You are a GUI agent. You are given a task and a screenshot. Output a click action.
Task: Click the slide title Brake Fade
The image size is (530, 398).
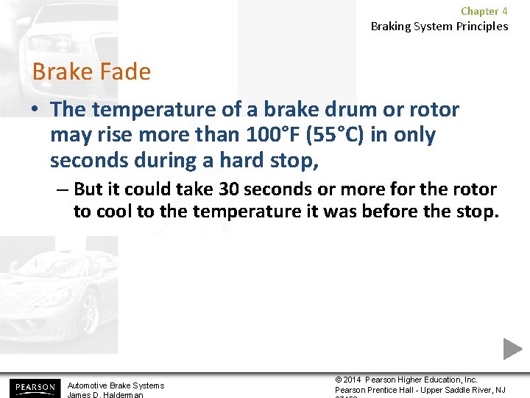click(91, 72)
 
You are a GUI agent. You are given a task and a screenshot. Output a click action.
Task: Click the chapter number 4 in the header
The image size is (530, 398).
click(504, 11)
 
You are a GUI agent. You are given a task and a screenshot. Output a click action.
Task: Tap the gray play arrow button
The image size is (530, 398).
click(512, 349)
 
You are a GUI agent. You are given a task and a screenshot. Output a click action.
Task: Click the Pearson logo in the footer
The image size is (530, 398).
click(33, 388)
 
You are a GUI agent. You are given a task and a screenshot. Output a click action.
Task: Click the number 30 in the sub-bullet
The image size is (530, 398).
click(229, 189)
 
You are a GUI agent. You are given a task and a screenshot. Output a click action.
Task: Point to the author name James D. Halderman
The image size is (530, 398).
click(106, 394)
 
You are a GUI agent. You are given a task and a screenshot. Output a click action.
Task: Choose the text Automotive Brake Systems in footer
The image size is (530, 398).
click(116, 385)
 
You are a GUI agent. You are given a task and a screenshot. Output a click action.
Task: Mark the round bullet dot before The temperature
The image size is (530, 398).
click(35, 111)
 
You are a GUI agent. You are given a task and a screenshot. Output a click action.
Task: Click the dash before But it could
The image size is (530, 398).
click(62, 189)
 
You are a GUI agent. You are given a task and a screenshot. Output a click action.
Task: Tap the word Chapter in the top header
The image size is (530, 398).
click(479, 11)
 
